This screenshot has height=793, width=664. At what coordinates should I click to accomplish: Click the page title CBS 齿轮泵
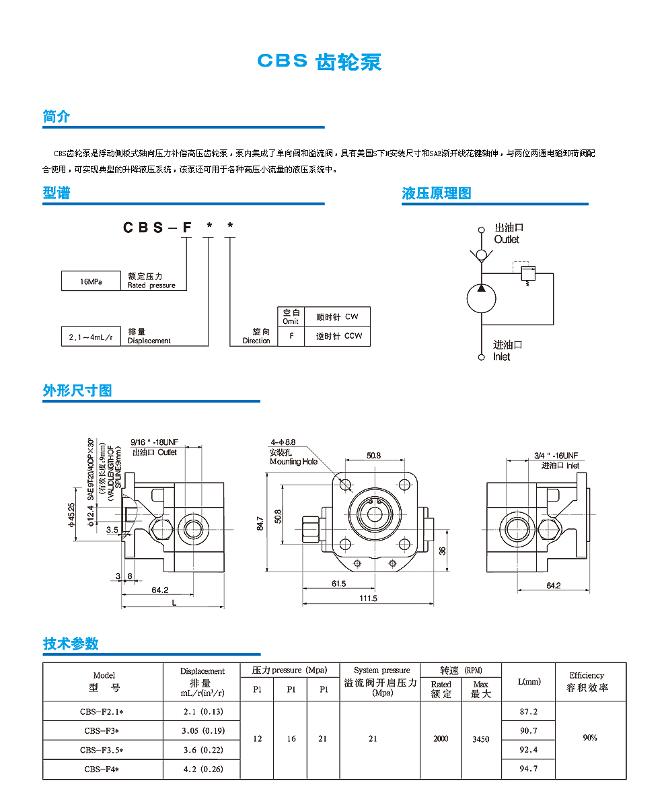click(x=320, y=61)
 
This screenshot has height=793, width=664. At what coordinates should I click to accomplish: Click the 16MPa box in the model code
click(x=90, y=281)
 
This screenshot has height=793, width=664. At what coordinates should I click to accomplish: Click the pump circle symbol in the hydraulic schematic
click(x=481, y=298)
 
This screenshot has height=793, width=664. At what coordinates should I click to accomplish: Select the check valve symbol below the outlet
click(x=481, y=255)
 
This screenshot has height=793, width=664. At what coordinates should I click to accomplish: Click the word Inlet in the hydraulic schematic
click(x=502, y=357)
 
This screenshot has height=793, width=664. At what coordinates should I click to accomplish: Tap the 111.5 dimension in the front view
click(x=368, y=598)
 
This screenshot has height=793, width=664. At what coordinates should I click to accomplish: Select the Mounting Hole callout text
click(x=293, y=461)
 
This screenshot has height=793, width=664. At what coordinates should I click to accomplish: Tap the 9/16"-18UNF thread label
click(x=154, y=442)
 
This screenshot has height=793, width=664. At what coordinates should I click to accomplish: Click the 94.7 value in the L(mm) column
click(x=528, y=769)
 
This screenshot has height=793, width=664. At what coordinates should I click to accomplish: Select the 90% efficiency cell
click(x=590, y=738)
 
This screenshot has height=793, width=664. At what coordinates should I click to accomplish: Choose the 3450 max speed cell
click(x=481, y=739)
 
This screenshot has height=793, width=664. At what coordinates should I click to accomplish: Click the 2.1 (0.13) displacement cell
click(x=202, y=712)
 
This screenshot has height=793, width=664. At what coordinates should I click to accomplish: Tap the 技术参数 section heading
click(x=71, y=644)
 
